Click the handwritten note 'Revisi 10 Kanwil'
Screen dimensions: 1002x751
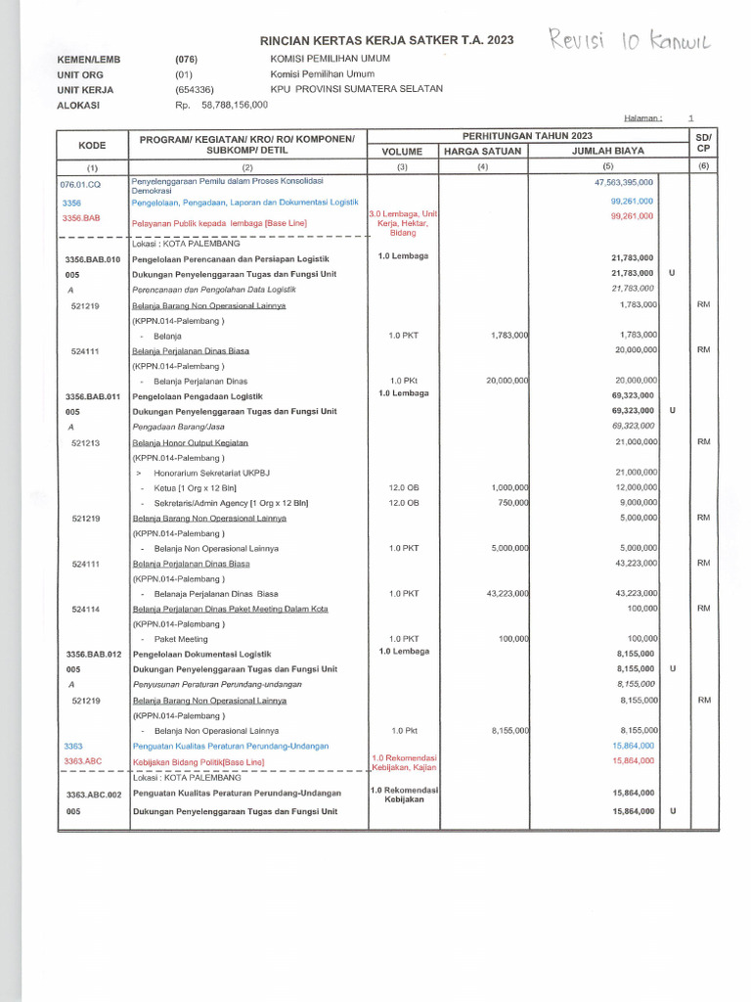pos(632,41)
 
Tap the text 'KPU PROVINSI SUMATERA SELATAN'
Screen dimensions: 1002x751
pos(356,88)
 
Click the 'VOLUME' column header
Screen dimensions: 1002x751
pos(402,152)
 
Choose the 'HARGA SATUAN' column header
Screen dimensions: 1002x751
pos(483,152)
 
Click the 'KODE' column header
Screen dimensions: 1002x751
pos(92,144)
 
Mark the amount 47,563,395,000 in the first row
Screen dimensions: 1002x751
pos(624,183)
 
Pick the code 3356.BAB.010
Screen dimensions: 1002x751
pos(92,259)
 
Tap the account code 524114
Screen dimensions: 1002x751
pos(90,609)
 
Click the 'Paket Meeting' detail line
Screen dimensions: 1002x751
pos(181,639)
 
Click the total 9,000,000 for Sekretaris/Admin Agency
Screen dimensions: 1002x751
pos(636,503)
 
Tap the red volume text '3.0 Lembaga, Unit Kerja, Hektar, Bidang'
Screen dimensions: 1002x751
pos(402,223)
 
